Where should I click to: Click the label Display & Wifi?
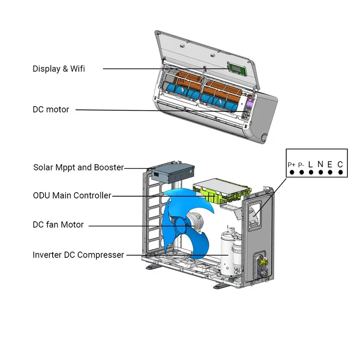(58, 69)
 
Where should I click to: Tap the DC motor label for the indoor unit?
(51, 109)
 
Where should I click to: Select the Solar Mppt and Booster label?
(78, 167)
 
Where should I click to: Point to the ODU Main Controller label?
(72, 195)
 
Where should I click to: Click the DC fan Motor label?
(58, 225)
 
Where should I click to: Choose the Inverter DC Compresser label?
(78, 255)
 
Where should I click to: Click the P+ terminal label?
(292, 165)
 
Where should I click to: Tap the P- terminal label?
(301, 165)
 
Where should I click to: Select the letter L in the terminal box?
(310, 164)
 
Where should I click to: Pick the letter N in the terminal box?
(320, 164)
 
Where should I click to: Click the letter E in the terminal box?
(330, 164)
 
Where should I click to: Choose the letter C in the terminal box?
(340, 164)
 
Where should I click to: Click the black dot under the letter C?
(340, 172)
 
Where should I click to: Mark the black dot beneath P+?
(292, 172)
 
